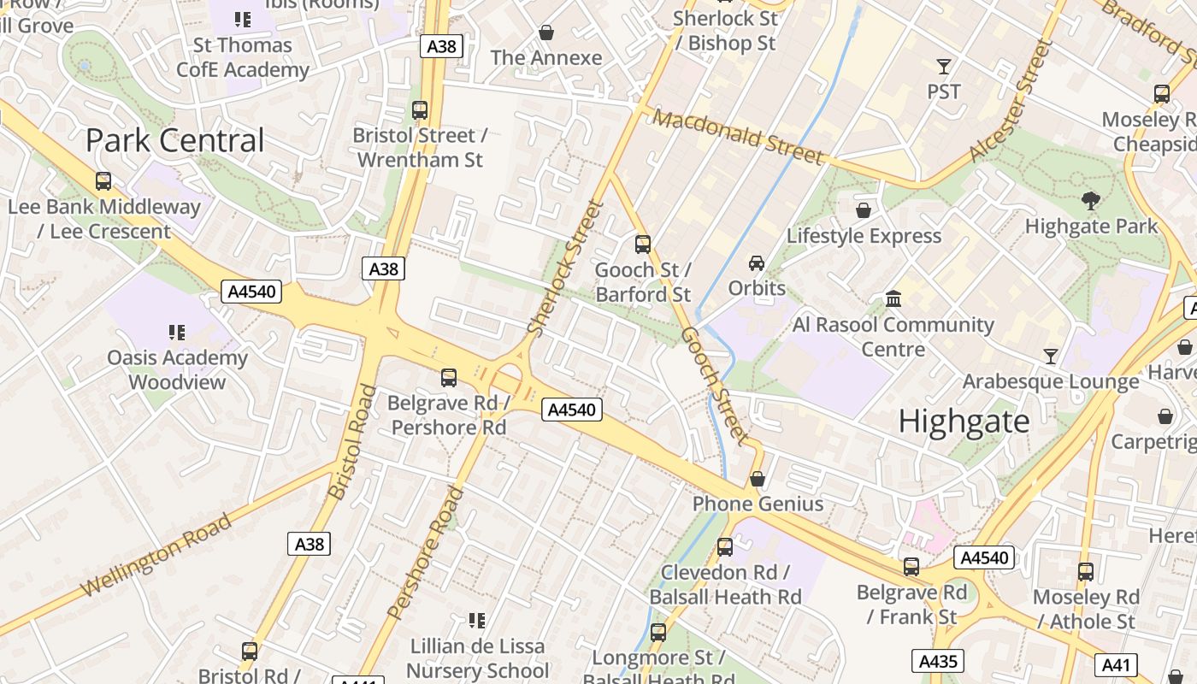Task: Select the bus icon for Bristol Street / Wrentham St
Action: point(419,110)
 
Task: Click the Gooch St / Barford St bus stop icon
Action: point(643,245)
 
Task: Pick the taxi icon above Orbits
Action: point(757,262)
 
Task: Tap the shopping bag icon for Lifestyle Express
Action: point(864,210)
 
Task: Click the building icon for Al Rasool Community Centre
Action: point(893,299)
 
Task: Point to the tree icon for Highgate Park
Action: point(1090,202)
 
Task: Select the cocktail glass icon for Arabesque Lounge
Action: point(1051,356)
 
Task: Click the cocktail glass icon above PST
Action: point(944,66)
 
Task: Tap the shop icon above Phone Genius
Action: point(757,479)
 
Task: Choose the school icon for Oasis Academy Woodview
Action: point(177,332)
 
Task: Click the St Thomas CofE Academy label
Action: point(243,57)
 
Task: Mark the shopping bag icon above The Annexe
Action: point(546,33)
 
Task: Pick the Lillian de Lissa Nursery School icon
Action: point(477,620)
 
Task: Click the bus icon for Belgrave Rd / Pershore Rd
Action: point(448,377)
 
